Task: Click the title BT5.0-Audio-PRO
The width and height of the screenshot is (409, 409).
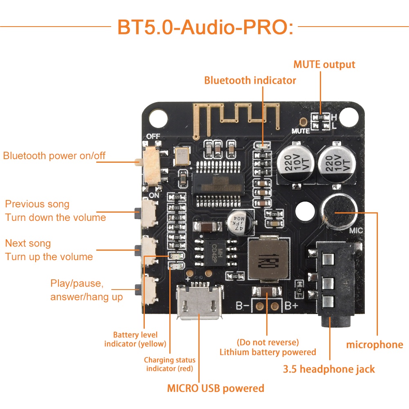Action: (x=205, y=27)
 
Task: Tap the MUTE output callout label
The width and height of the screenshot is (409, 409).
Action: (x=324, y=65)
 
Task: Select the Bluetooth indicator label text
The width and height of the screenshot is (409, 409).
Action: (x=250, y=81)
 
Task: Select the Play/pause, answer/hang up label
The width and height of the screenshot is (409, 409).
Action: (x=86, y=290)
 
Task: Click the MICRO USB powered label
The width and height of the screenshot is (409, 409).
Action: (x=216, y=388)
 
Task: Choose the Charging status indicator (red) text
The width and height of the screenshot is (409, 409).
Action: (x=170, y=364)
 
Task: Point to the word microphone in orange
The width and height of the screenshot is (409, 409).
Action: (x=374, y=345)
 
